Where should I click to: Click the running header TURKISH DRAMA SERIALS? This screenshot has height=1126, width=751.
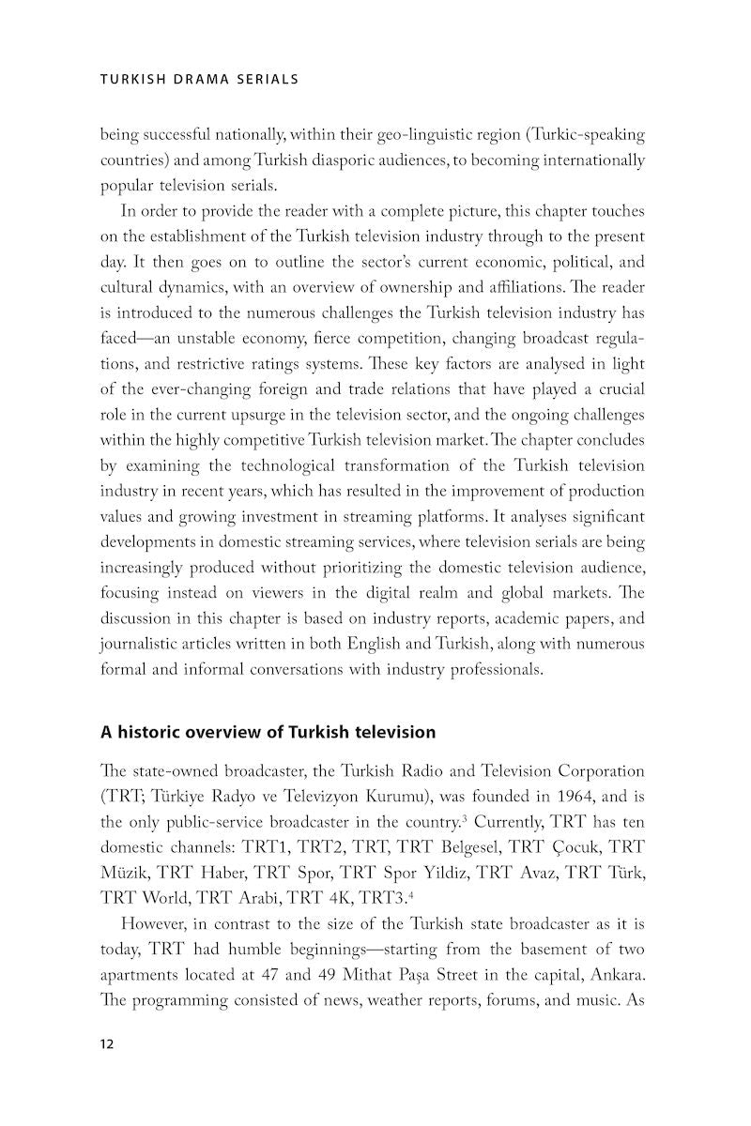tap(199, 80)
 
